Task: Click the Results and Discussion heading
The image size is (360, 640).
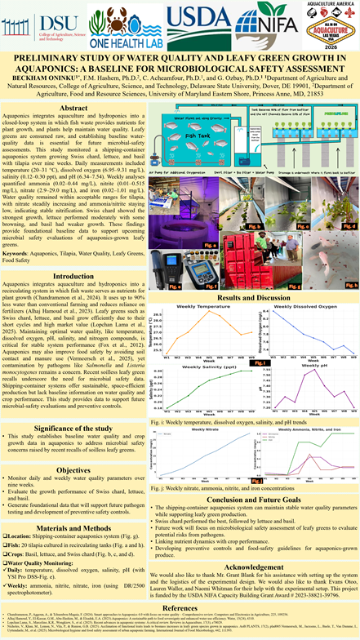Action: [255, 299]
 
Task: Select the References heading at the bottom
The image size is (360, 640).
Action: [180, 607]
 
